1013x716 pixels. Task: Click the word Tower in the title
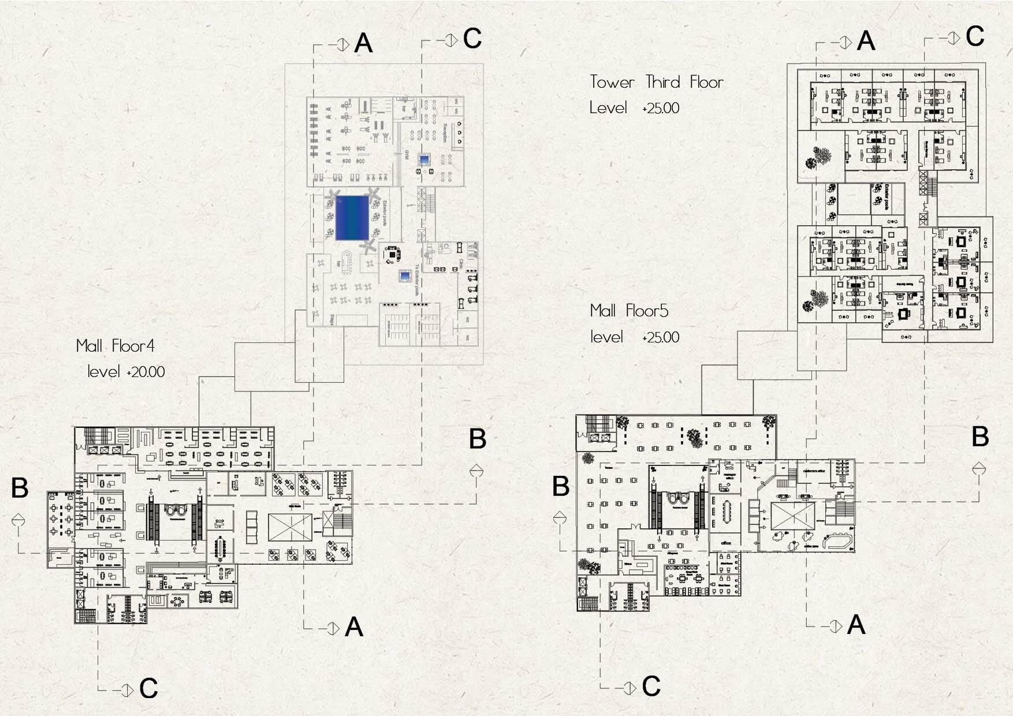tap(612, 83)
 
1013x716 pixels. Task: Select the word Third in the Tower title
tap(662, 83)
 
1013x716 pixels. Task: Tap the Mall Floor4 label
tap(116, 346)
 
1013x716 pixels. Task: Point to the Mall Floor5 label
tap(629, 311)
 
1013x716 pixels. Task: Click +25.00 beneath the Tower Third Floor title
tap(661, 108)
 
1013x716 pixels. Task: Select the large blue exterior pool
tap(352, 218)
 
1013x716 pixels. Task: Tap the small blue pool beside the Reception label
tap(425, 159)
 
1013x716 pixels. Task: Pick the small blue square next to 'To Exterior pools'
tap(405, 277)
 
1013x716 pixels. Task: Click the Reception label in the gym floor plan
tap(445, 133)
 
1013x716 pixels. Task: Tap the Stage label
tap(332, 319)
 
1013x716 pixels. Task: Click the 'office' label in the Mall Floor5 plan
tap(726, 543)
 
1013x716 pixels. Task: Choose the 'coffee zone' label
tap(811, 546)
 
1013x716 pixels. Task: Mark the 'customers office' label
tap(814, 471)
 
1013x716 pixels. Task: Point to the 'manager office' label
tap(729, 476)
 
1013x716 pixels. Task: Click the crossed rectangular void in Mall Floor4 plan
tap(290, 527)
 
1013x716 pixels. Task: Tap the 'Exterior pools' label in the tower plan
tap(887, 197)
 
